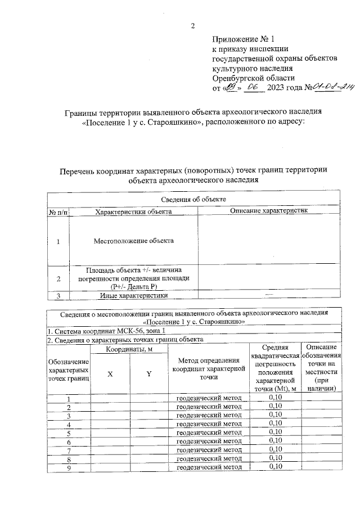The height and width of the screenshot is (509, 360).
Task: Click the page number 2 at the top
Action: (192, 25)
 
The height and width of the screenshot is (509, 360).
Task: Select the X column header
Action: (110, 375)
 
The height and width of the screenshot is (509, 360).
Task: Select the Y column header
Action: (149, 375)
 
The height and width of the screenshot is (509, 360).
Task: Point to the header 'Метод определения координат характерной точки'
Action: (209, 369)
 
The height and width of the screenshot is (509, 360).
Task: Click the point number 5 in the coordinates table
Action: (69, 432)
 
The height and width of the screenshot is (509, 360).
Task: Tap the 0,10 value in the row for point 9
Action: (274, 466)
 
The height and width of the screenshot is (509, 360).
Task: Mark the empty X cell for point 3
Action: (110, 415)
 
